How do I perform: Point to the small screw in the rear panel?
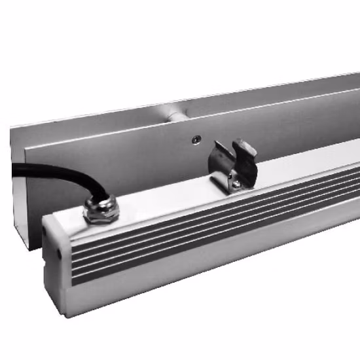tap(195, 139)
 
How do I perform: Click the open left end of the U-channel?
tap(20, 196)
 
